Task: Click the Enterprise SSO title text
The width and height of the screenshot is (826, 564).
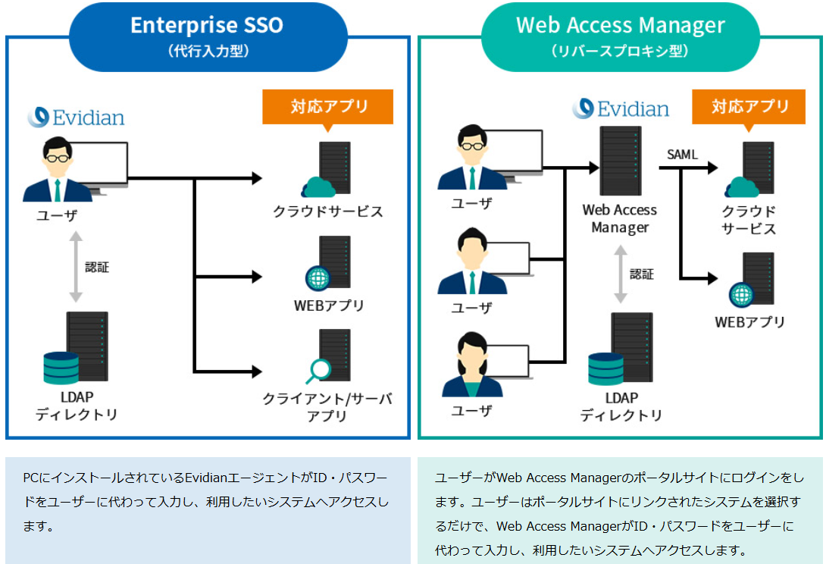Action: click(x=207, y=25)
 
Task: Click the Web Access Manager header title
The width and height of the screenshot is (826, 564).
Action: click(x=620, y=25)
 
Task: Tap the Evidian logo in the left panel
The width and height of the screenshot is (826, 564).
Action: click(x=76, y=117)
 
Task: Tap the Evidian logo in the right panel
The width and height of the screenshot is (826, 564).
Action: click(x=621, y=108)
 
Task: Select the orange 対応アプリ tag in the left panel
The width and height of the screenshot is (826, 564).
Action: click(x=328, y=107)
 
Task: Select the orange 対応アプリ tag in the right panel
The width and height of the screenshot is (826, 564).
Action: click(x=749, y=107)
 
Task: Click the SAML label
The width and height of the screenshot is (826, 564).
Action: click(x=682, y=155)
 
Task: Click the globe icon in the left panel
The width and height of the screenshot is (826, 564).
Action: click(x=318, y=278)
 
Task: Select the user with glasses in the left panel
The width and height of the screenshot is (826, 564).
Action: click(x=57, y=170)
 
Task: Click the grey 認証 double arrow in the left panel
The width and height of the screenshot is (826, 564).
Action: click(x=74, y=267)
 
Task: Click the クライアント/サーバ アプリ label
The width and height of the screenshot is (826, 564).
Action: click(x=327, y=407)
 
